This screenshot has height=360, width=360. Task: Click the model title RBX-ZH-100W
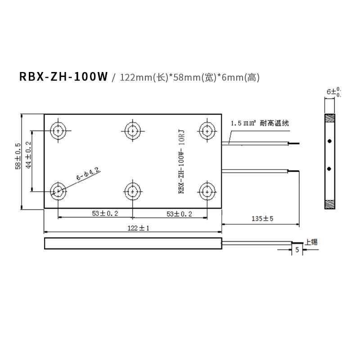(63, 76)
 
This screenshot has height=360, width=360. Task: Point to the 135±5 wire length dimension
(262, 219)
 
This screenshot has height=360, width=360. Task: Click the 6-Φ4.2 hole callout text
(87, 174)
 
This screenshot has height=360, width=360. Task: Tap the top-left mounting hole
(58, 131)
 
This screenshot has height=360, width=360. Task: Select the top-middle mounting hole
(132, 131)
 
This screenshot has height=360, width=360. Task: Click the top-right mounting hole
(207, 131)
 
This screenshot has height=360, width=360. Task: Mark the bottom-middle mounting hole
(132, 191)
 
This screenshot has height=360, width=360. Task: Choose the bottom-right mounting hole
(207, 191)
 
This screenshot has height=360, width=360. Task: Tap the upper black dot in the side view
(330, 141)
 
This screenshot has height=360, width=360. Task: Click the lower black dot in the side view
(330, 169)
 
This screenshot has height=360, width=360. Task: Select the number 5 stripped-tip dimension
(297, 250)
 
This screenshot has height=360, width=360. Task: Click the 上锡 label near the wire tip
(311, 242)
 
